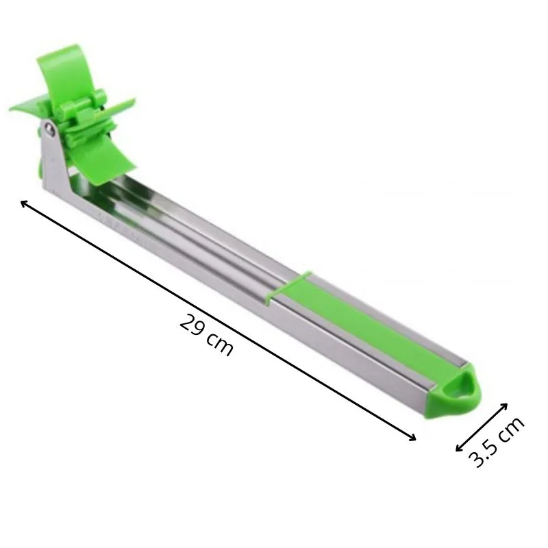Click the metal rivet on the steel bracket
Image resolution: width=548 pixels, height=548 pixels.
[x=51, y=130]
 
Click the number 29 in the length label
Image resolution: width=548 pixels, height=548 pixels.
[x=192, y=325]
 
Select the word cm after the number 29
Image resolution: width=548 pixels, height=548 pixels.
[x=220, y=344]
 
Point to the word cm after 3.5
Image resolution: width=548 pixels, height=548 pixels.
[x=510, y=429]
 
